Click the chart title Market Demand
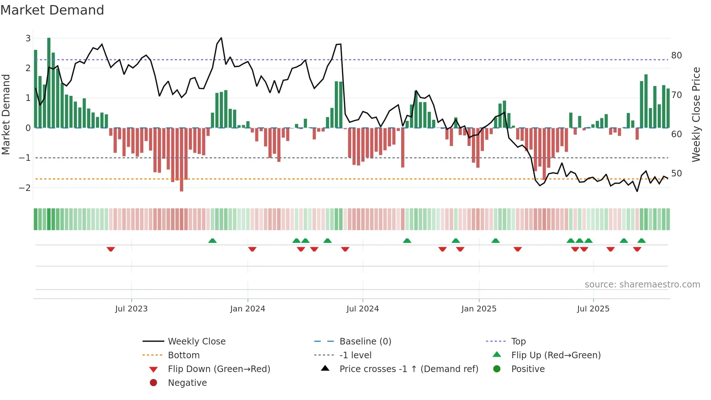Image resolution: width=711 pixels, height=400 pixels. point(52,10)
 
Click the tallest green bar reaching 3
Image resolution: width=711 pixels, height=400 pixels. point(49,83)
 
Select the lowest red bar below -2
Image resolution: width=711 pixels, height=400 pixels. point(181,160)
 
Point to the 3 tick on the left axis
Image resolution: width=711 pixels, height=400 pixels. point(28,38)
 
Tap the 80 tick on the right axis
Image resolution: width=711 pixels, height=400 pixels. point(676,56)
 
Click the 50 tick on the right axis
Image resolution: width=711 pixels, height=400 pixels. point(676,174)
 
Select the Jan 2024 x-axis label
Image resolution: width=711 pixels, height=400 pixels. point(247,309)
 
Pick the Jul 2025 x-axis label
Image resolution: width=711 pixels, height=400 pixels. point(593,309)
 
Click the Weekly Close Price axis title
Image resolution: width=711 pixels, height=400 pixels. point(696,114)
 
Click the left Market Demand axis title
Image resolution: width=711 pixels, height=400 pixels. point(6,114)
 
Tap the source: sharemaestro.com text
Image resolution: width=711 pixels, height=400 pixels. point(642,285)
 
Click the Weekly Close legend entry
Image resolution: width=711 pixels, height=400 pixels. point(197,342)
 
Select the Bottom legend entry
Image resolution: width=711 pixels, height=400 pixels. point(184,355)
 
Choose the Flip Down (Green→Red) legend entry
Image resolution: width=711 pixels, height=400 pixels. point(219,369)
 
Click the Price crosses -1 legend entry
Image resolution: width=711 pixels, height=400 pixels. point(409,369)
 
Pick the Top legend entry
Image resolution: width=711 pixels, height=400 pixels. point(518,342)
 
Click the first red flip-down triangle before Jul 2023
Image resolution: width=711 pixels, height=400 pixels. point(111,249)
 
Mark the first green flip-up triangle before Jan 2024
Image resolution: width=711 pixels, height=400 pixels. point(213,241)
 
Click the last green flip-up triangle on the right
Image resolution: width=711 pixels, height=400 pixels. point(641,241)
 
